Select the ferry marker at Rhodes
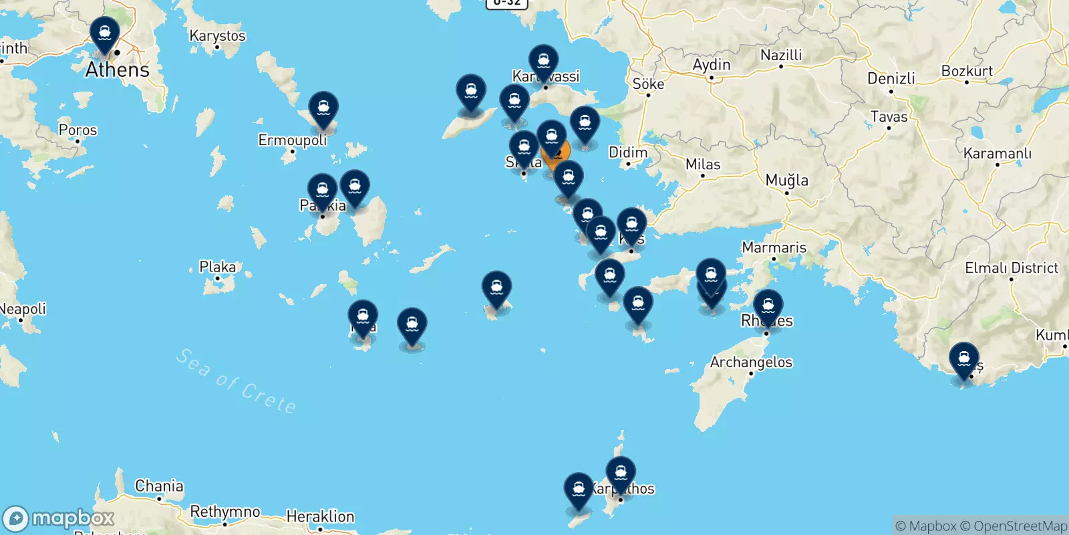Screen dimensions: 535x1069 click(x=768, y=306)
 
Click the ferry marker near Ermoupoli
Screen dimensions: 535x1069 click(x=323, y=108)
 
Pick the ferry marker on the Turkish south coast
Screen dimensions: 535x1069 click(x=964, y=360)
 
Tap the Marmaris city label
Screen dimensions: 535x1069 click(x=774, y=247)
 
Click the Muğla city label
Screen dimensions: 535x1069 click(x=786, y=180)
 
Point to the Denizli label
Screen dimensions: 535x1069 click(x=891, y=78)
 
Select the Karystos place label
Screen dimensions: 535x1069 click(x=217, y=35)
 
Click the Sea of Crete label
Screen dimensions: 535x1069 click(x=235, y=381)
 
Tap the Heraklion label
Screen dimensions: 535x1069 click(x=320, y=516)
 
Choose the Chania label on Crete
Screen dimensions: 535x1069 click(x=159, y=486)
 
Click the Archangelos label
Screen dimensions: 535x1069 click(x=751, y=362)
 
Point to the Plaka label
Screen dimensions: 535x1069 click(x=217, y=267)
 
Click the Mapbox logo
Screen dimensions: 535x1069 click(x=59, y=518)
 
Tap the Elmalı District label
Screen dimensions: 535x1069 click(x=1011, y=268)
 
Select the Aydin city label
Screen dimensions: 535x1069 click(x=711, y=65)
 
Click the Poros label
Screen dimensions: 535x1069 click(x=78, y=130)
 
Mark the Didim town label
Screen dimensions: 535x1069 click(x=628, y=152)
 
